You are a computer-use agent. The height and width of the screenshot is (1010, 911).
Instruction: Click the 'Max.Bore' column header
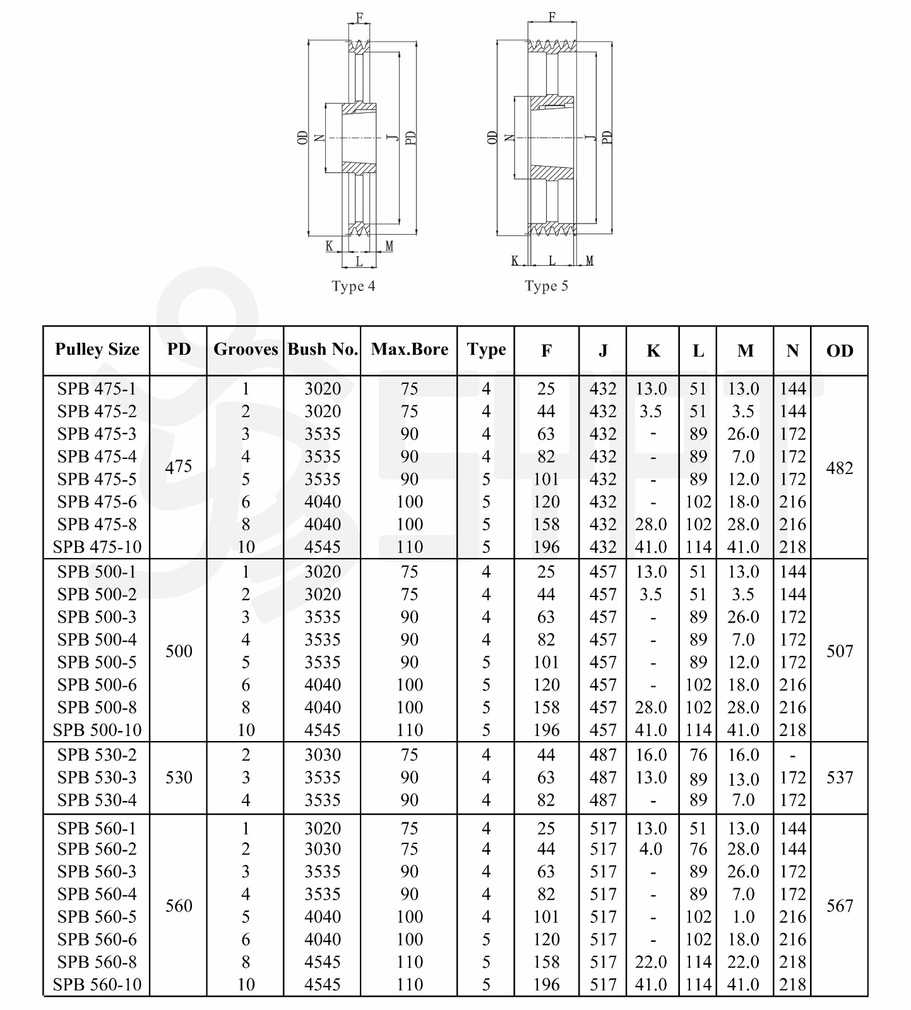pyautogui.click(x=409, y=349)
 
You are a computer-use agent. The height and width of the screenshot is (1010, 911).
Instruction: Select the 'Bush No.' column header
pyautogui.click(x=323, y=349)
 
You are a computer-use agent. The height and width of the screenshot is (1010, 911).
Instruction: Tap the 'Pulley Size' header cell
pyautogui.click(x=97, y=349)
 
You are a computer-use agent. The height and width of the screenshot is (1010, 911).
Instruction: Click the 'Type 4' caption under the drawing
pyautogui.click(x=354, y=286)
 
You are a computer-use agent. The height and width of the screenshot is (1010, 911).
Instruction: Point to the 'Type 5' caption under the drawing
pyautogui.click(x=547, y=286)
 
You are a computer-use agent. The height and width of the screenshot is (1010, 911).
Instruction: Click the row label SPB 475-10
pyautogui.click(x=97, y=547)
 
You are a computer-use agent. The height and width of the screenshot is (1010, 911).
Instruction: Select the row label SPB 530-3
pyautogui.click(x=97, y=777)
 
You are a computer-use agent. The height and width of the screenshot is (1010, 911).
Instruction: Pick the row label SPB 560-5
pyautogui.click(x=97, y=917)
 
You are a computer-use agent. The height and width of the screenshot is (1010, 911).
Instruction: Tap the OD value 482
pyautogui.click(x=839, y=468)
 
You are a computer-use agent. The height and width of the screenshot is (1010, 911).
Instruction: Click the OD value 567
pyautogui.click(x=839, y=906)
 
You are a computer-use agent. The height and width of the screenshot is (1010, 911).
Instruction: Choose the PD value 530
pyautogui.click(x=179, y=777)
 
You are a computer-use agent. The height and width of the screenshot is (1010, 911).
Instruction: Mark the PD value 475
pyautogui.click(x=179, y=467)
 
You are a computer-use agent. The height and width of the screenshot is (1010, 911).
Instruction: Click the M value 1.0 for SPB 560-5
pyautogui.click(x=743, y=917)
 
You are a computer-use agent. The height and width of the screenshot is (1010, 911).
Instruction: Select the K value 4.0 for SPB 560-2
pyautogui.click(x=651, y=849)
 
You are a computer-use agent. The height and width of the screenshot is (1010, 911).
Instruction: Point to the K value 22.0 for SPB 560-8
pyautogui.click(x=651, y=962)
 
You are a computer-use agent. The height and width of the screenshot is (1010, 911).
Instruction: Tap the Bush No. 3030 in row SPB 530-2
pyautogui.click(x=323, y=755)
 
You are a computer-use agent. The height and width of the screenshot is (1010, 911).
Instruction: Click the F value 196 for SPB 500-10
pyautogui.click(x=546, y=730)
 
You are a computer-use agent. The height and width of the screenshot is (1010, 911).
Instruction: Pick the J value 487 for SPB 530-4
pyautogui.click(x=602, y=800)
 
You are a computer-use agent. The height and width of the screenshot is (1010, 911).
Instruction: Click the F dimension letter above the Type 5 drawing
pyautogui.click(x=552, y=17)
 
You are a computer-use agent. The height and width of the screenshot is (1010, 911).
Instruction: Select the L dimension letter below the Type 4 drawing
pyautogui.click(x=359, y=261)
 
